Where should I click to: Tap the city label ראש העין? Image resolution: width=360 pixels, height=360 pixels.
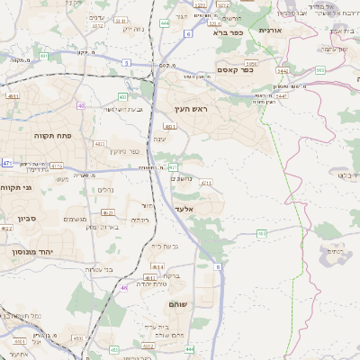pos(193,109)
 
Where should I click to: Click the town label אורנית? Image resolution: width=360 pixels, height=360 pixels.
pos(269,30)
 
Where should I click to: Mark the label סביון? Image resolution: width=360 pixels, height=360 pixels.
pos(24,219)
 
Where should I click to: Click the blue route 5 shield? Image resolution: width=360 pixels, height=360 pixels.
pos(127,63)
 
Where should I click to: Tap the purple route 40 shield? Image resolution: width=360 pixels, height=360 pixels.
pos(81,105)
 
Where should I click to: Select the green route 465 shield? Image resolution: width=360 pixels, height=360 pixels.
pos(262,233)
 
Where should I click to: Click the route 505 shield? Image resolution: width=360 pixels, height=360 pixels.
pos(320,70)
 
